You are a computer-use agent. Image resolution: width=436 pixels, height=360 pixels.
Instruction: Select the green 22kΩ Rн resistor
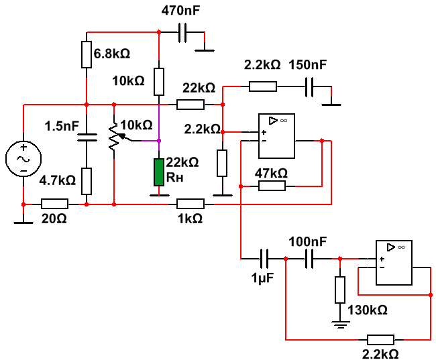(x=158, y=172)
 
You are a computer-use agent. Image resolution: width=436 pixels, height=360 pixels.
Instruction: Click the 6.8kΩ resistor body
(x=87, y=54)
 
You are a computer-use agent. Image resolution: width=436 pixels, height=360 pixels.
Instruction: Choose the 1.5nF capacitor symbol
(x=87, y=137)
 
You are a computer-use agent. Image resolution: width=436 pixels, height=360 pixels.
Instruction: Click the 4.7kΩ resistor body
(x=87, y=180)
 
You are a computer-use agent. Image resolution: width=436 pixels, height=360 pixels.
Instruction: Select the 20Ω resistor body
(x=54, y=203)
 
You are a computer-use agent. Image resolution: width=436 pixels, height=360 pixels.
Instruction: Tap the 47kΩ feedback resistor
(x=272, y=185)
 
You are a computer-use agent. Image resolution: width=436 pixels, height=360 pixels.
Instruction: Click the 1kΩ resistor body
(x=190, y=203)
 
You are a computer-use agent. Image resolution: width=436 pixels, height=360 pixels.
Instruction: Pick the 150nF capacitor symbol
(x=310, y=86)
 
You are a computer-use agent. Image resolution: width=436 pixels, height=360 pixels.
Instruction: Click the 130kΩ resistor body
(x=340, y=290)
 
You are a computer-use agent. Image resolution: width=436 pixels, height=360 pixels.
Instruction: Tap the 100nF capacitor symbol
(x=310, y=257)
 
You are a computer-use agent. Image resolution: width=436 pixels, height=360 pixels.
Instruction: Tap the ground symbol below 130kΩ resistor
(x=340, y=324)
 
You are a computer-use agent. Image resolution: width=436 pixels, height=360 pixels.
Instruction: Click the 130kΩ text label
(x=368, y=310)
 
